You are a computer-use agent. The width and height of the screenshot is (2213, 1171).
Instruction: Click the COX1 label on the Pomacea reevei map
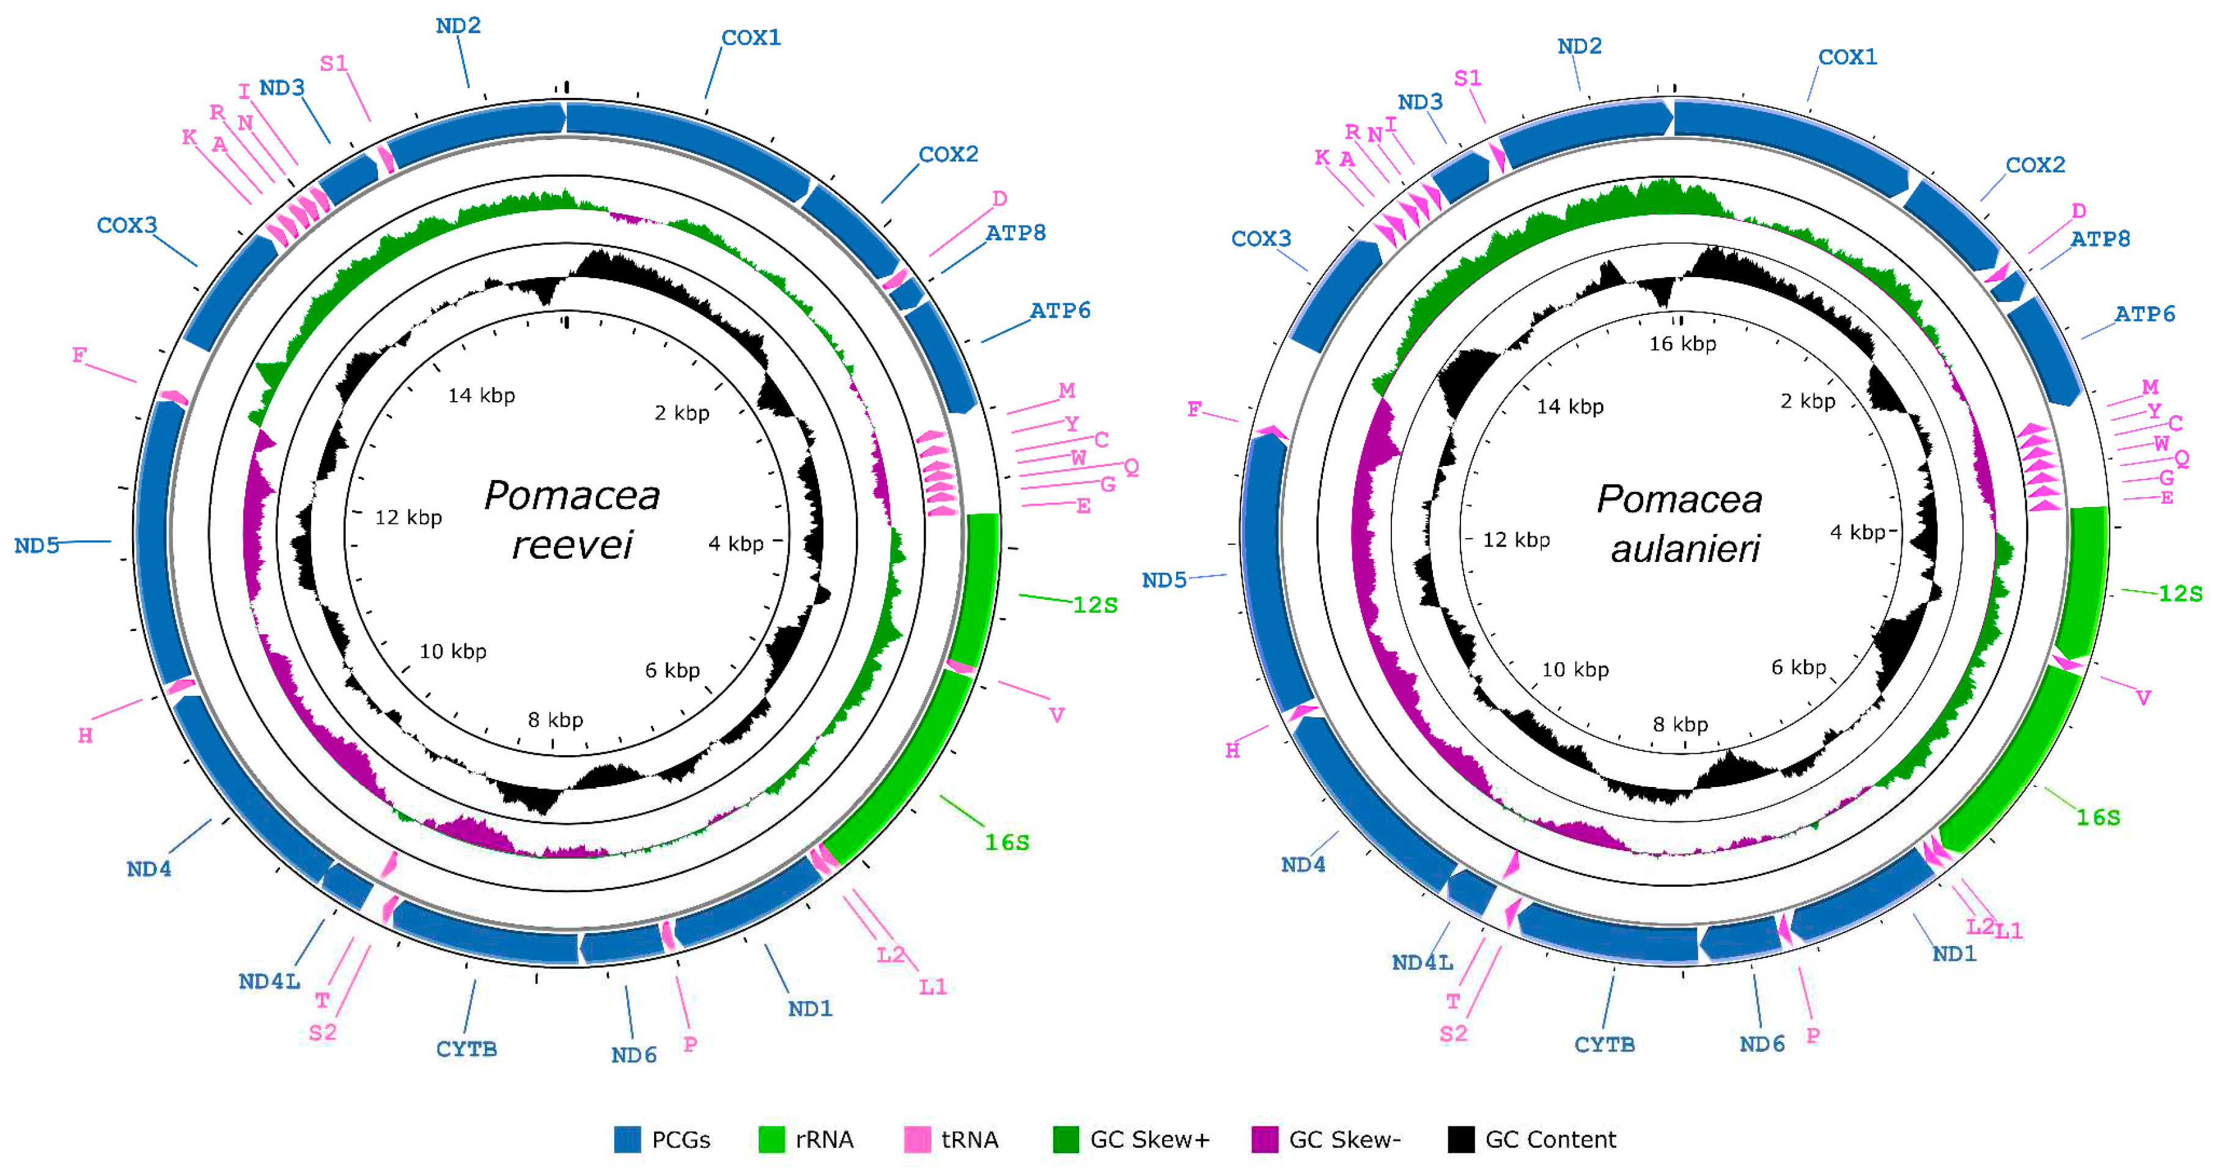tap(751, 38)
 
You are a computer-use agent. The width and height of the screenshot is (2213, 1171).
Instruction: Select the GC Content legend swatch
tap(1460, 1139)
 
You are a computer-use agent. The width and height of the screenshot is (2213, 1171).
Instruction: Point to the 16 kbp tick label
tap(1682, 344)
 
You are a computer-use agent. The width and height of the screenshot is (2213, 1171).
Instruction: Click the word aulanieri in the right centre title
tap(1685, 549)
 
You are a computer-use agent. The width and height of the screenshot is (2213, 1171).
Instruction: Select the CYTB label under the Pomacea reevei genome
tap(466, 1049)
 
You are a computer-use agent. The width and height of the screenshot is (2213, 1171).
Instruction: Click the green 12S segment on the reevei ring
tap(977, 584)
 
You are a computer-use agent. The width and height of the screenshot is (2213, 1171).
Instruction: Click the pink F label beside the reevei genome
tap(79, 355)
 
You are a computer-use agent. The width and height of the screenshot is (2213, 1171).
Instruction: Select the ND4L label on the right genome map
tap(1423, 962)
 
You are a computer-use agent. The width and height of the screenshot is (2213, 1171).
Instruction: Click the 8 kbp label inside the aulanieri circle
tap(1681, 724)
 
